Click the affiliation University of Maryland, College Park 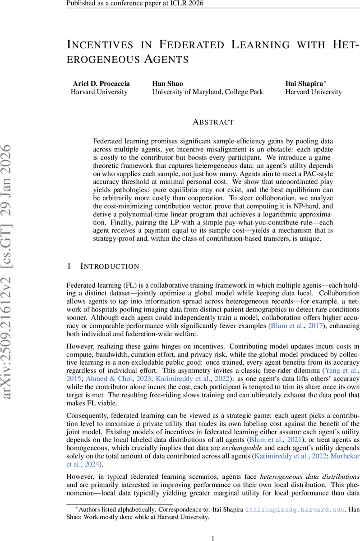(207, 92)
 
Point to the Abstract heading (213, 122)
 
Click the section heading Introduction (110, 266)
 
